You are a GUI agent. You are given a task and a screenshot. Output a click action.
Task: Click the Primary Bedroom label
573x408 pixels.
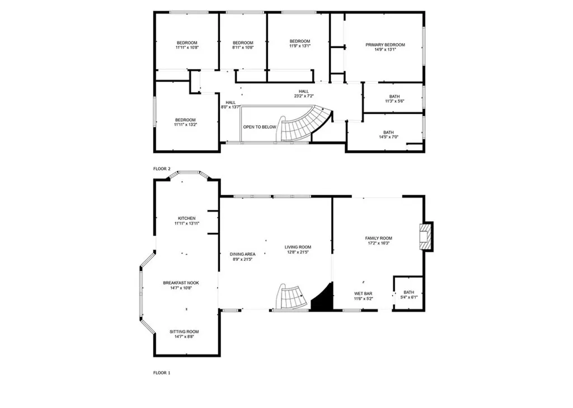pyautogui.click(x=385, y=45)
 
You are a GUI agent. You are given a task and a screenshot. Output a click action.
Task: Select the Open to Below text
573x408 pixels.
pyautogui.click(x=260, y=127)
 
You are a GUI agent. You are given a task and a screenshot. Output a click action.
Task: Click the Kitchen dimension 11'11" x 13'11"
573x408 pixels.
pyautogui.click(x=187, y=223)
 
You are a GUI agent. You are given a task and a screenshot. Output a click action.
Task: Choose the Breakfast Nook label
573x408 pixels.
pyautogui.click(x=181, y=283)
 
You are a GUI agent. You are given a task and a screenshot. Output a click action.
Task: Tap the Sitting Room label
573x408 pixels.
pyautogui.click(x=184, y=332)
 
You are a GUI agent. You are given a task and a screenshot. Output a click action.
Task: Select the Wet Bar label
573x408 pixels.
pyautogui.click(x=363, y=293)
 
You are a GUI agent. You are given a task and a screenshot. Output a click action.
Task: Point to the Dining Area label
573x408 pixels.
pyautogui.click(x=243, y=254)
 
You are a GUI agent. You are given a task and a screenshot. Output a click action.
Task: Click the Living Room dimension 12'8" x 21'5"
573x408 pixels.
pyautogui.click(x=298, y=252)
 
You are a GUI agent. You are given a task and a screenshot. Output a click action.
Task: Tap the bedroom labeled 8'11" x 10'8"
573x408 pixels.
pyautogui.click(x=243, y=45)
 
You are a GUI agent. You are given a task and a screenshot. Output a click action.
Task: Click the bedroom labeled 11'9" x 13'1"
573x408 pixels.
pyautogui.click(x=299, y=43)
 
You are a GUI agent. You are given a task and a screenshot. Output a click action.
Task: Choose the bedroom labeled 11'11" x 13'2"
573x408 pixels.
pyautogui.click(x=185, y=122)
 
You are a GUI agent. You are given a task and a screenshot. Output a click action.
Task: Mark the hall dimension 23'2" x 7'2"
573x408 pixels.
pyautogui.click(x=303, y=96)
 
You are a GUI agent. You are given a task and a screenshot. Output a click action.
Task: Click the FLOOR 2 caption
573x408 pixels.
pyautogui.click(x=162, y=168)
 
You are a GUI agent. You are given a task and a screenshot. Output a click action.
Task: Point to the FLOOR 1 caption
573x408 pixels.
pyautogui.click(x=162, y=372)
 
